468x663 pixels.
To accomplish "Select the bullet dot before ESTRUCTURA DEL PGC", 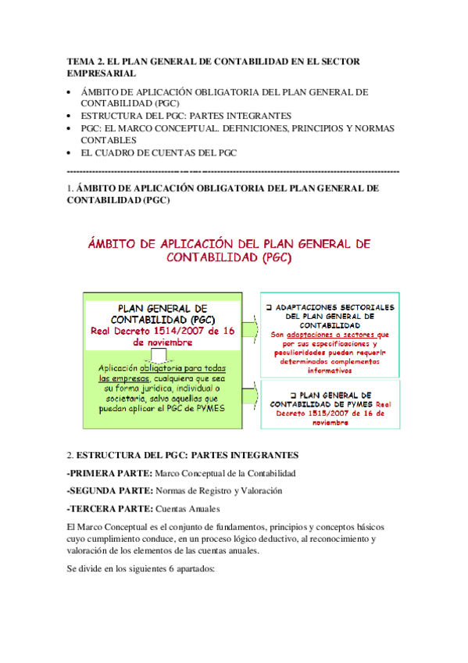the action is [71, 115].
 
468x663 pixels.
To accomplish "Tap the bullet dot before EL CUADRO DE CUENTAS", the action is [71, 152].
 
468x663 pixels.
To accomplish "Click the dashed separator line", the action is [234, 170].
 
